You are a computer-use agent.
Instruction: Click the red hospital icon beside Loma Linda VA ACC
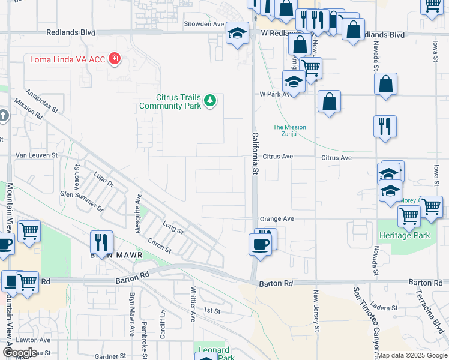(114, 59)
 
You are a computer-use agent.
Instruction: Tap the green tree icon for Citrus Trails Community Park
(209, 100)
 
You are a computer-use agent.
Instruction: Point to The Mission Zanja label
(289, 131)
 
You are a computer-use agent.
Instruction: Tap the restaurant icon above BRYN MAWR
(101, 242)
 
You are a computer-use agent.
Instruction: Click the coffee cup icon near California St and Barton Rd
(260, 245)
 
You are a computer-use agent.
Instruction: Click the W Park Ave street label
(274, 94)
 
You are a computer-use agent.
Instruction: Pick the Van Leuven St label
(35, 155)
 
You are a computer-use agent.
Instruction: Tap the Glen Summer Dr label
(82, 202)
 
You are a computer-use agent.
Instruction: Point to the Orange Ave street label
(277, 219)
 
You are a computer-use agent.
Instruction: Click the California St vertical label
(255, 154)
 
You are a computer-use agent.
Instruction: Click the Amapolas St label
(41, 101)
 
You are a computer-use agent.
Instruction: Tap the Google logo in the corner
(19, 352)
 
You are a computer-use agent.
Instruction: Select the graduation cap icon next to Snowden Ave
(237, 33)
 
